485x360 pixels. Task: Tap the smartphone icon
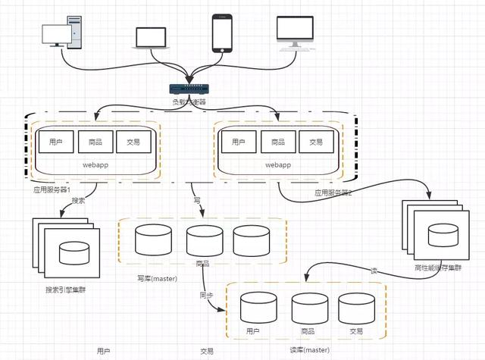point(222,33)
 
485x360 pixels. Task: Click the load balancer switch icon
point(187,89)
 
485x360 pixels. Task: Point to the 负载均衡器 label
point(187,102)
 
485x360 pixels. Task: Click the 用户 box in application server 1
point(55,141)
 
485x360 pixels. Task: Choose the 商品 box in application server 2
point(277,142)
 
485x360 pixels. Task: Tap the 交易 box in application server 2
point(315,142)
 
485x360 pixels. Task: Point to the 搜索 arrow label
point(88,202)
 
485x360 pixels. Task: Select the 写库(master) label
point(158,278)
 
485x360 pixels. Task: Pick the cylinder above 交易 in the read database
point(356,307)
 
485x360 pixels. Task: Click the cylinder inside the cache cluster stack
point(443,235)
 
